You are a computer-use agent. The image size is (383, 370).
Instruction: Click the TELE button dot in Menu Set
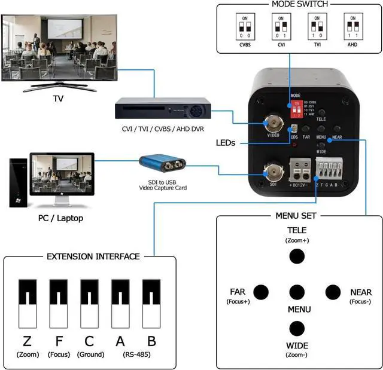click(x=296, y=256)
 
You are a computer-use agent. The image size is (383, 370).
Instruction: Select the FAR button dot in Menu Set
click(x=261, y=292)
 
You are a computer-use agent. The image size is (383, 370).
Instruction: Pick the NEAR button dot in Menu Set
click(x=333, y=292)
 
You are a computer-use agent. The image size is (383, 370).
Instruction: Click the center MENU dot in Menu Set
click(x=296, y=292)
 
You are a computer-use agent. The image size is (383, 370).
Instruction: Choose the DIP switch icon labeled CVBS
click(x=244, y=27)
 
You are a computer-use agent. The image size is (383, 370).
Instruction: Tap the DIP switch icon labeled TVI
click(x=316, y=27)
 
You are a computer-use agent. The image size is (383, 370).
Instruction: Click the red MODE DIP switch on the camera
click(x=295, y=111)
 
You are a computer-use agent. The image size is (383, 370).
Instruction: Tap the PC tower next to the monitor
click(x=19, y=183)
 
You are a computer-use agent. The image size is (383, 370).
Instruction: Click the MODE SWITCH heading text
click(x=300, y=4)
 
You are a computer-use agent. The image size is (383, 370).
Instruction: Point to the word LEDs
click(x=226, y=143)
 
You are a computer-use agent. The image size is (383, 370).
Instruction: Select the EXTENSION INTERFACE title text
click(x=93, y=256)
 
